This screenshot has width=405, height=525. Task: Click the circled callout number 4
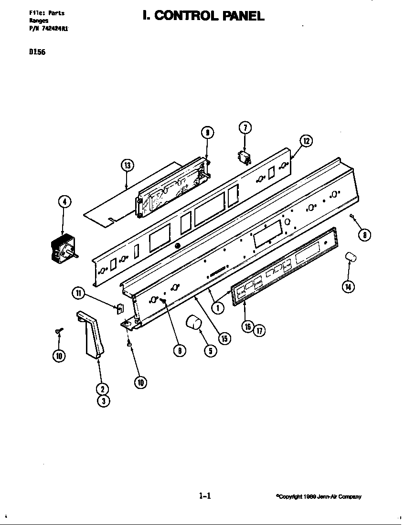[x=64, y=202]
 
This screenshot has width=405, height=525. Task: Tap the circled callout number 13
[x=127, y=166]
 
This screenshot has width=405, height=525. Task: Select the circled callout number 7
[x=245, y=127]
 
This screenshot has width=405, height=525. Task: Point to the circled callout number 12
[x=306, y=141]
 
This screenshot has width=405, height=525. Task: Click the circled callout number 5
[x=210, y=350]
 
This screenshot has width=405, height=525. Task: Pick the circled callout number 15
[x=224, y=338]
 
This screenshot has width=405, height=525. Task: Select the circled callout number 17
[x=259, y=330]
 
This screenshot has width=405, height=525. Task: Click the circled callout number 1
[x=218, y=308]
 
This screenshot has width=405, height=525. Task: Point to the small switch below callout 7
[x=244, y=157]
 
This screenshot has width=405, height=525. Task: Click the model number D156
[x=37, y=52]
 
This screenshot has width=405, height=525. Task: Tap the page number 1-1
[x=204, y=496]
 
